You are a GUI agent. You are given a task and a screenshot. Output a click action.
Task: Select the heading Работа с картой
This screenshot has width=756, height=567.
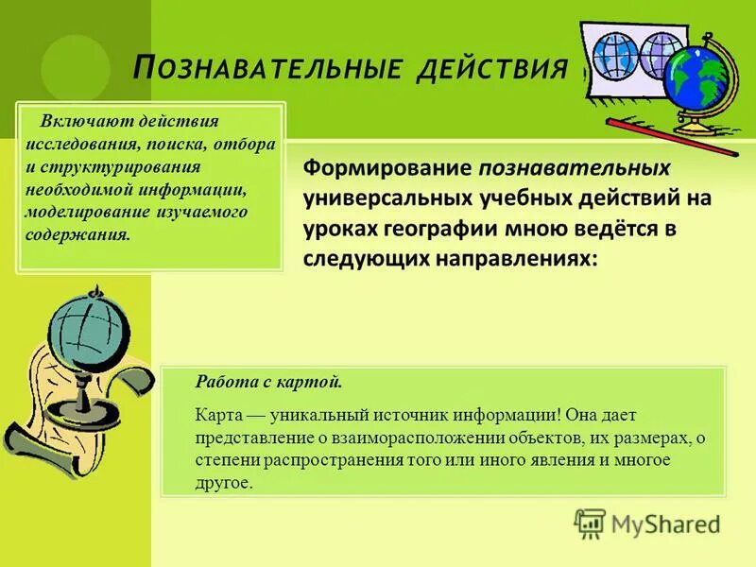[268, 382]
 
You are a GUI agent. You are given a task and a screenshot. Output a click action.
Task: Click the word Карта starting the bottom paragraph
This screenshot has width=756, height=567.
[216, 415]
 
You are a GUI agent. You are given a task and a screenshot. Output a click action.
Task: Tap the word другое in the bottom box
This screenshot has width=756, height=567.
[224, 482]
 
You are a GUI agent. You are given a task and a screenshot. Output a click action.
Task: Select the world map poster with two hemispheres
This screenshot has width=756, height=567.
[627, 66]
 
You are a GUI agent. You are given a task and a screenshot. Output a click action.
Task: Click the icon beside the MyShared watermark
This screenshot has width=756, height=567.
[590, 523]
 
